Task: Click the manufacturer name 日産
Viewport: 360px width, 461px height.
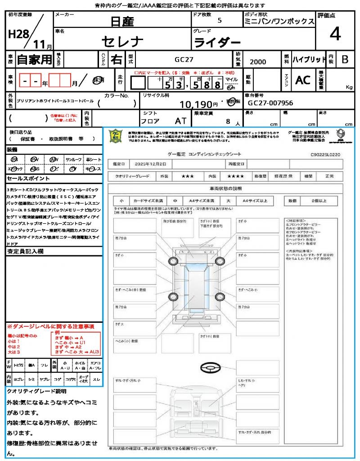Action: click(x=122, y=21)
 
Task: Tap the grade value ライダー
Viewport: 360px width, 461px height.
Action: click(x=217, y=43)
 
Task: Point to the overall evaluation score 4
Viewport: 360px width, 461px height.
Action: click(x=334, y=34)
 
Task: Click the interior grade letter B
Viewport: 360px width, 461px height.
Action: click(x=344, y=59)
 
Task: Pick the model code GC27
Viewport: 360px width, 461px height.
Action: click(x=184, y=59)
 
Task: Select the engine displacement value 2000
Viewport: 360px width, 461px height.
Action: click(x=258, y=62)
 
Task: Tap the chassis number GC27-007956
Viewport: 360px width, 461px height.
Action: click(x=270, y=103)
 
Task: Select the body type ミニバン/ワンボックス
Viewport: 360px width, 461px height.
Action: click(x=279, y=22)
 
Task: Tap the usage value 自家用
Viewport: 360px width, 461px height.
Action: click(x=35, y=59)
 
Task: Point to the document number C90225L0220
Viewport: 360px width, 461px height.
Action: click(x=325, y=154)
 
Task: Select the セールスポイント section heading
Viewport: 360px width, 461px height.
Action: click(x=24, y=179)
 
